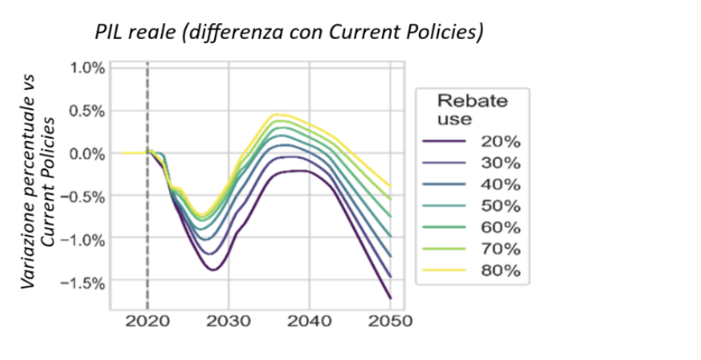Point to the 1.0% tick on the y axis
tap(87, 68)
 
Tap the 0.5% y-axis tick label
tap(87, 111)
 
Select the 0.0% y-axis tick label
tap(87, 153)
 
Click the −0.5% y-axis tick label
tap(84, 196)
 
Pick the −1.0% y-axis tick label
tap(84, 238)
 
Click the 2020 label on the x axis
tap(147, 323)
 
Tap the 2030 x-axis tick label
tap(229, 323)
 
